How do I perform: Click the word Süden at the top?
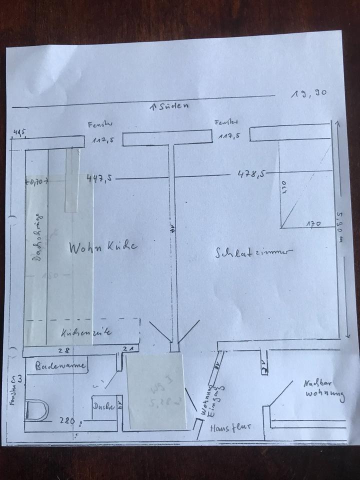coord(171,106)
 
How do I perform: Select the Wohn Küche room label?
coord(102,247)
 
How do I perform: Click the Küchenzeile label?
coord(86,331)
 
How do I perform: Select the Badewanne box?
coord(60,365)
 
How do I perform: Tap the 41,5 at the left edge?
coord(19,132)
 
